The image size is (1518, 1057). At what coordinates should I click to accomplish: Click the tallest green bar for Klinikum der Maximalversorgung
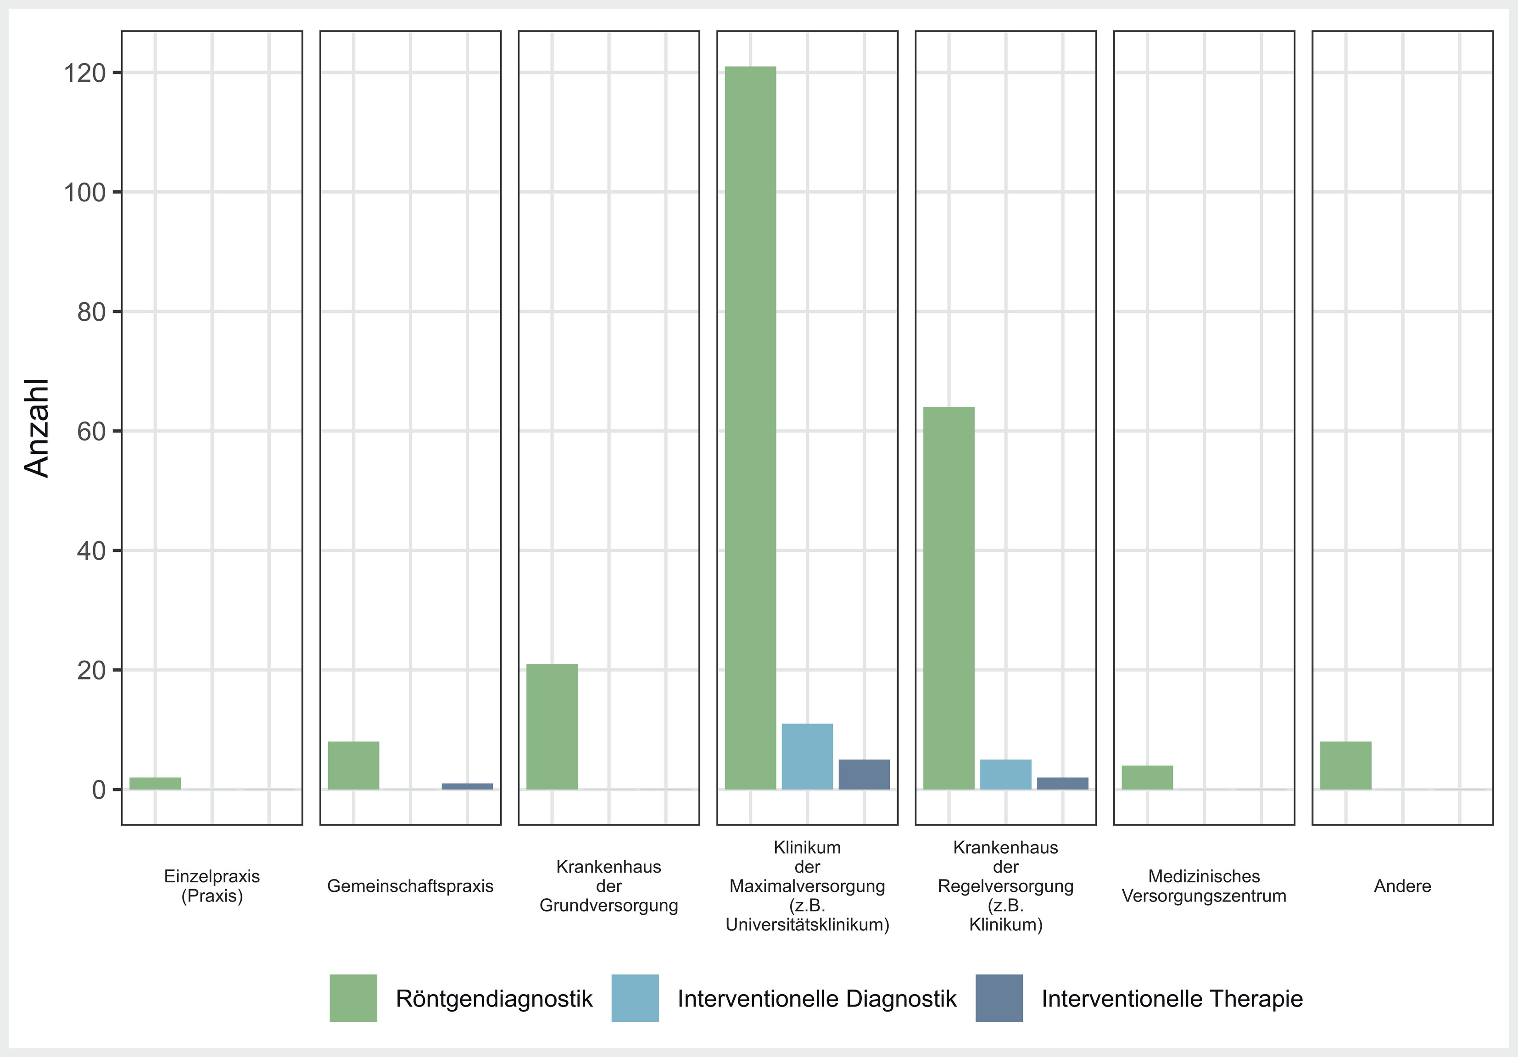tap(750, 428)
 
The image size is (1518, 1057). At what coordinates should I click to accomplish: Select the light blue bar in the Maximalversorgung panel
tap(807, 756)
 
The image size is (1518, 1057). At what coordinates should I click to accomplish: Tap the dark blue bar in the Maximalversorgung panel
tap(864, 774)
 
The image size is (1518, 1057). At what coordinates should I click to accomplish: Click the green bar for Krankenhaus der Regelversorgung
tap(949, 598)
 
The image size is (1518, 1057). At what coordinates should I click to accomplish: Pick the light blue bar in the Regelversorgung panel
tap(1005, 774)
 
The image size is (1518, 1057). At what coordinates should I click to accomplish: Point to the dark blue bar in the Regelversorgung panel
tap(1062, 783)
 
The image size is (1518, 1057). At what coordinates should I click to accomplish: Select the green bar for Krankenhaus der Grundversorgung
tap(552, 727)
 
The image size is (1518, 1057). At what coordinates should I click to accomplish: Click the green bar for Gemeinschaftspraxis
tap(354, 766)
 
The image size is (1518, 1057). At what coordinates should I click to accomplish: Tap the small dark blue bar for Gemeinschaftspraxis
tap(468, 786)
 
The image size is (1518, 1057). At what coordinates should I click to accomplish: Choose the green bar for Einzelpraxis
tap(156, 783)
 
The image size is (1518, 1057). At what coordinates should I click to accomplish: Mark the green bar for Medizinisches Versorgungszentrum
tap(1147, 777)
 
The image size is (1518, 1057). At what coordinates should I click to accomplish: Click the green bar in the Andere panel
tap(1345, 766)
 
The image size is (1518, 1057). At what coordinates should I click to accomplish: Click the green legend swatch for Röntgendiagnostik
tap(354, 998)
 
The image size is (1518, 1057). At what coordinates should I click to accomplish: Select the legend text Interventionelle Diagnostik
tap(817, 999)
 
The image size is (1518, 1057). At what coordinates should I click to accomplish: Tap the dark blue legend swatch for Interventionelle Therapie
tap(999, 998)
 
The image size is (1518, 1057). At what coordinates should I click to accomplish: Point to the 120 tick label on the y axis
tap(84, 73)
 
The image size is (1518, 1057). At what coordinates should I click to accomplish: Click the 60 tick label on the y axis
tap(92, 432)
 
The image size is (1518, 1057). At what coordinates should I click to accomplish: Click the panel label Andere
tap(1402, 886)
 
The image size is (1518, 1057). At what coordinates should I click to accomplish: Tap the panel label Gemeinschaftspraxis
tap(411, 886)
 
